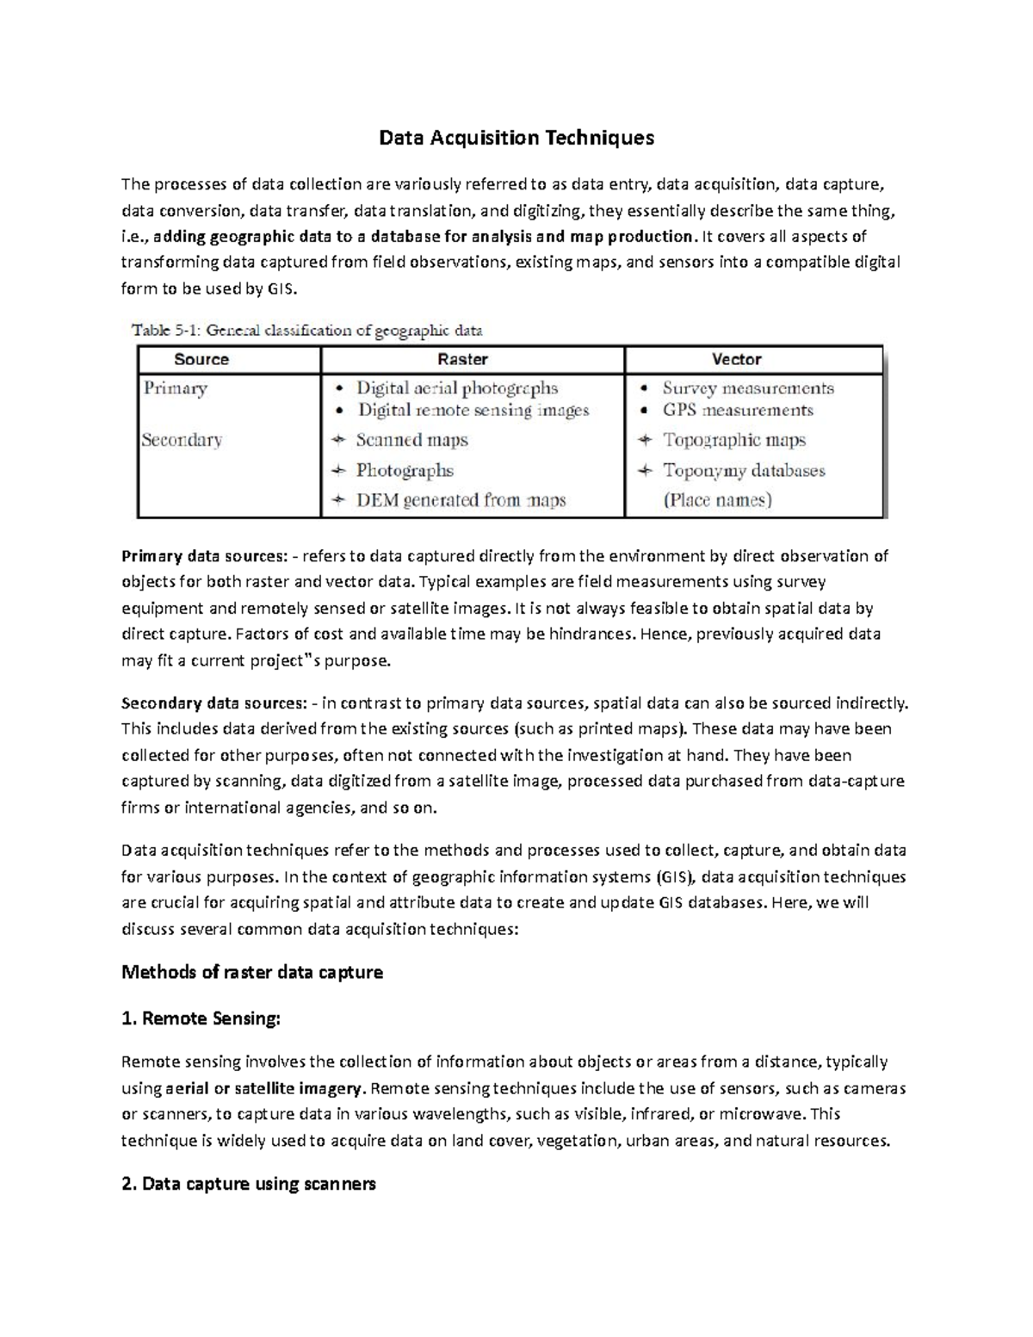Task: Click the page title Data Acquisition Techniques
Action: pyautogui.click(x=517, y=138)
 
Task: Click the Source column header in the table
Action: pyautogui.click(x=201, y=360)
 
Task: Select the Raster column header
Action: pyautogui.click(x=462, y=360)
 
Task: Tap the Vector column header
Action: pyautogui.click(x=736, y=360)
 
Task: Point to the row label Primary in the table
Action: pyautogui.click(x=176, y=388)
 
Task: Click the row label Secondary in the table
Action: pyautogui.click(x=182, y=440)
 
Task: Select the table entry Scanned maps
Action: pyautogui.click(x=411, y=441)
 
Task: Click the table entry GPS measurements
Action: pyautogui.click(x=737, y=411)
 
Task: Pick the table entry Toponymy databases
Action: pyautogui.click(x=743, y=471)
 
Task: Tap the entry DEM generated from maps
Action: pyautogui.click(x=461, y=500)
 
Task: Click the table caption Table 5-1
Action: pyautogui.click(x=306, y=330)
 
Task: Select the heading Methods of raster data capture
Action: pyautogui.click(x=252, y=973)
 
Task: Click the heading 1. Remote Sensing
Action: pyautogui.click(x=201, y=1019)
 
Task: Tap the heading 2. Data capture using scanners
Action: pyautogui.click(x=249, y=1184)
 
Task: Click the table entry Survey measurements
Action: pyautogui.click(x=747, y=388)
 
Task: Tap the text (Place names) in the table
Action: pyautogui.click(x=716, y=500)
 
